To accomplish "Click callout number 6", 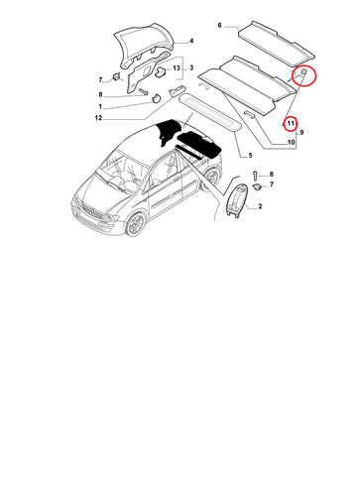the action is (x=219, y=25).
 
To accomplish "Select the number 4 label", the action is (x=191, y=41).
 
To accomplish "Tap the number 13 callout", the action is (x=177, y=67).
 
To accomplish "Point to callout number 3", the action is (x=191, y=67).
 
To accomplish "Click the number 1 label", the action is (x=100, y=107).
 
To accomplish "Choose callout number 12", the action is (x=98, y=118).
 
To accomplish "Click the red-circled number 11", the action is (x=291, y=124).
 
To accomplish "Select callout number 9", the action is (x=301, y=133).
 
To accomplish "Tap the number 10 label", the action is (x=291, y=143).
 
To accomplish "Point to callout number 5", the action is (x=250, y=156).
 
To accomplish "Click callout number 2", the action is (x=260, y=206).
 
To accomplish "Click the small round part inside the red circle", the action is (x=303, y=72).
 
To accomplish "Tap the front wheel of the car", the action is (x=136, y=224).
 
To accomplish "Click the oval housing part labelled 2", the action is (x=237, y=201).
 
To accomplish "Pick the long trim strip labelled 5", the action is (x=210, y=112).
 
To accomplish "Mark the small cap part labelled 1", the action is (x=156, y=98).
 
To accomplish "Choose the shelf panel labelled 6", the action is (x=276, y=43).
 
